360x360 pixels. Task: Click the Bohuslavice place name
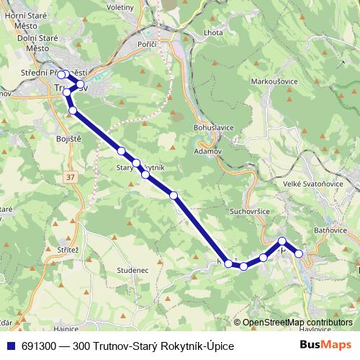[214, 127]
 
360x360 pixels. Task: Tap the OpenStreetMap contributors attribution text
[297, 323]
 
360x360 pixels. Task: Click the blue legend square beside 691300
[11, 346]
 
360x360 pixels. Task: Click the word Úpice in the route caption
[220, 346]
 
